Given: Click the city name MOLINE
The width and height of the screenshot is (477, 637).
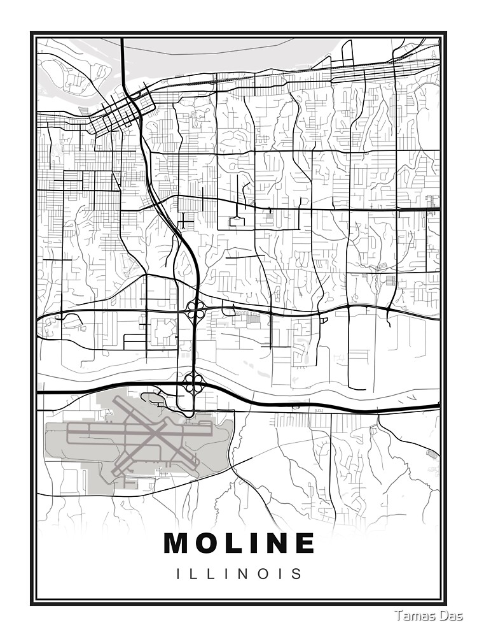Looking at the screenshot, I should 239,543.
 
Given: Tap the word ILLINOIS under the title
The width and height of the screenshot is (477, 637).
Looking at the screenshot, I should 239,574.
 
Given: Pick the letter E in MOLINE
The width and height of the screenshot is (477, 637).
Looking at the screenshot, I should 304,543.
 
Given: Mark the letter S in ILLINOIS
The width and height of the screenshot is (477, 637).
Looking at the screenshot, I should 297,574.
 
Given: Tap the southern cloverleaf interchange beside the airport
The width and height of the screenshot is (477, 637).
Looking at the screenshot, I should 193,383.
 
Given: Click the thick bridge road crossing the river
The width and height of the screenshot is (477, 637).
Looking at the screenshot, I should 122,64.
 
